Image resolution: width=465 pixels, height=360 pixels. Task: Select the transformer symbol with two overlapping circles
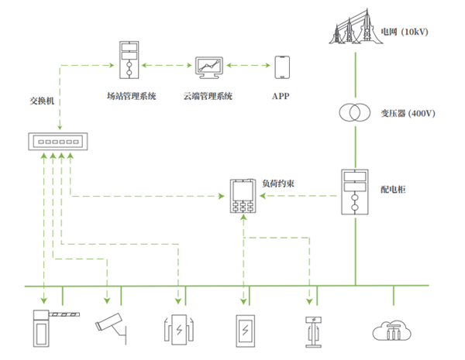[354, 113]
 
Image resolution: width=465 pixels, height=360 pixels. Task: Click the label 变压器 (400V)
[408, 113]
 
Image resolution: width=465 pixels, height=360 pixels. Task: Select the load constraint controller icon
[244, 197]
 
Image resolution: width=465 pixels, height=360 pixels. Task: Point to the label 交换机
[42, 100]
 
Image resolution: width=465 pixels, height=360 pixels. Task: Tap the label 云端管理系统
[208, 96]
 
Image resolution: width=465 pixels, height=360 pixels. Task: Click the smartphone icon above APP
[282, 67]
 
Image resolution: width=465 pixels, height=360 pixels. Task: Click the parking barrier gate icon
[51, 326]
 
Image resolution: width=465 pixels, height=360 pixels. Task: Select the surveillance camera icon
[111, 325]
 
